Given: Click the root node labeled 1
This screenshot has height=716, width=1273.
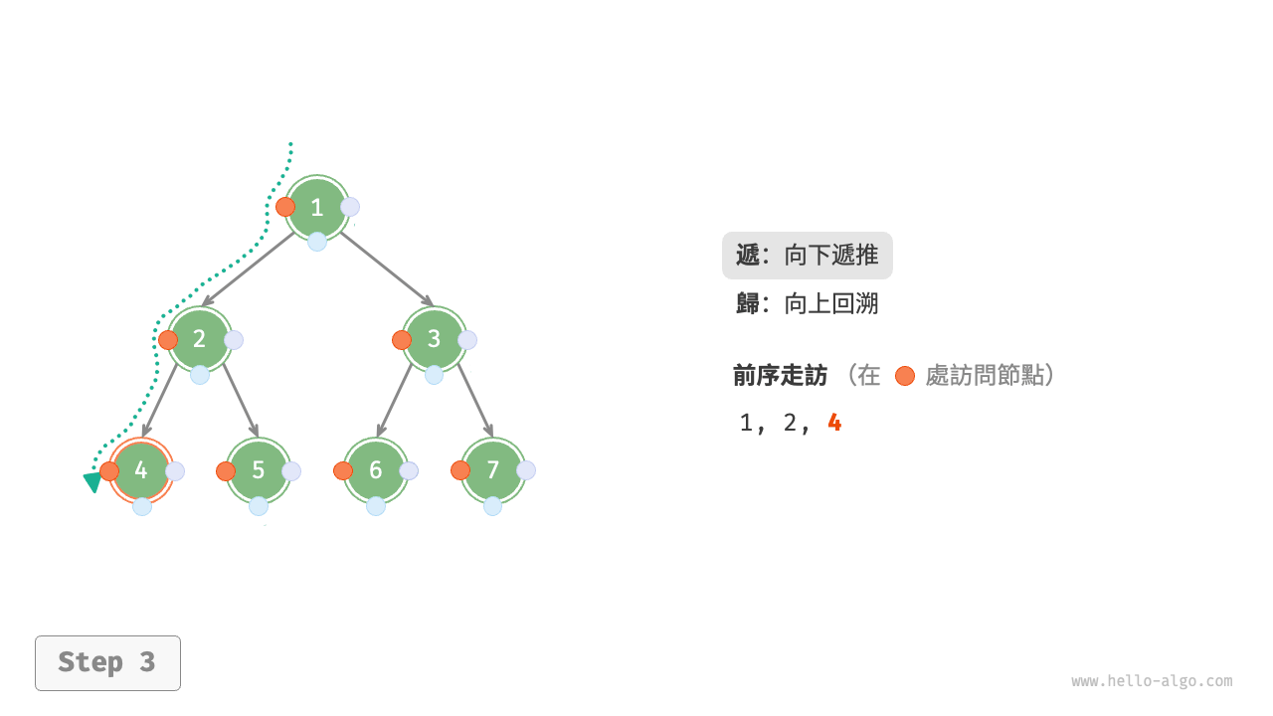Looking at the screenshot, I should point(317,208).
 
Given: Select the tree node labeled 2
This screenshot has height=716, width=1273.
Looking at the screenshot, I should point(200,339).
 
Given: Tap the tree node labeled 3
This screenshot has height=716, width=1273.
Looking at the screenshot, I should point(435,339).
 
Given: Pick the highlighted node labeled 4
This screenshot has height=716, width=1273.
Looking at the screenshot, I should point(141,470).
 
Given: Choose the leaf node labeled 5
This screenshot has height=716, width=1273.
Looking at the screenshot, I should point(259,470).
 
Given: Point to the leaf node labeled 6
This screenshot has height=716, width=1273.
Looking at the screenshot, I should point(376,470).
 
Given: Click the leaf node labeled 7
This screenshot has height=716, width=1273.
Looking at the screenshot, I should point(493,470).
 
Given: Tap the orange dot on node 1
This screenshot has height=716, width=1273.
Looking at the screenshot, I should point(285,207).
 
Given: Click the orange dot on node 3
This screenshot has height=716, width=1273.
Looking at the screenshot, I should point(402,340).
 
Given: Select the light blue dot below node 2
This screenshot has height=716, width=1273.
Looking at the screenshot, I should point(200,375).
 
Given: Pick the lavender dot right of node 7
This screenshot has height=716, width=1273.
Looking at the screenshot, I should point(526,470).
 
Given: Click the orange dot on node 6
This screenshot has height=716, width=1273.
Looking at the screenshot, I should point(343,471).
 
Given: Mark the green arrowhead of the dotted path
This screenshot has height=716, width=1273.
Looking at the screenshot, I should point(92,482).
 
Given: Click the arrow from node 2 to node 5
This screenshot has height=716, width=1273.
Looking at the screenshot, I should point(241,401).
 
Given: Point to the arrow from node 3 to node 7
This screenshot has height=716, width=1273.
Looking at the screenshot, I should point(475,401).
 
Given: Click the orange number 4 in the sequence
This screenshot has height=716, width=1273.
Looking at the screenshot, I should point(834,423).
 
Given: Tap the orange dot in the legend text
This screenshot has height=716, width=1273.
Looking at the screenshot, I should point(904,376).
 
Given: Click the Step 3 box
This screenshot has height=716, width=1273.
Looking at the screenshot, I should point(107,662).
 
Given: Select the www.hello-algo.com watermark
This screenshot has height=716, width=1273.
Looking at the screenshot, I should point(1152,681).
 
